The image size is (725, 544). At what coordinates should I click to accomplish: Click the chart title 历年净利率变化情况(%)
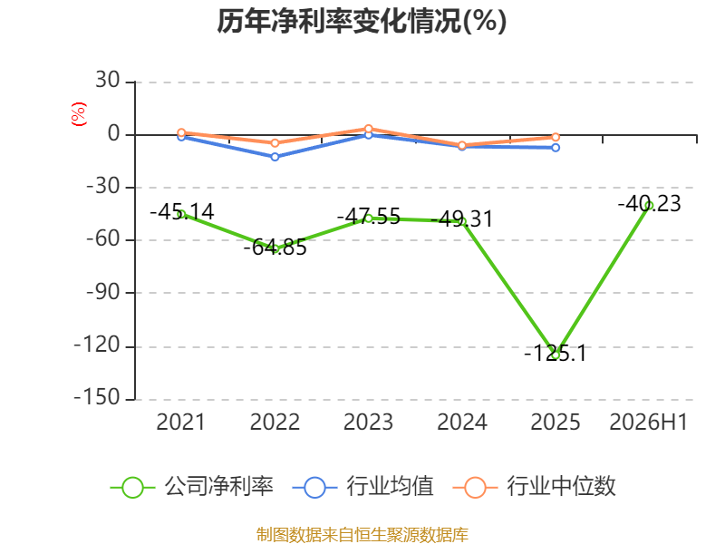pyautogui.click(x=362, y=21)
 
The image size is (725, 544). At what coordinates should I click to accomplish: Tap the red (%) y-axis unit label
pyautogui.click(x=79, y=114)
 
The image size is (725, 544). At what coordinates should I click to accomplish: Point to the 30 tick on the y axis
pyautogui.click(x=108, y=80)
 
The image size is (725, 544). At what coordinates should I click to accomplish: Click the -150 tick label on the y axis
pyautogui.click(x=97, y=397)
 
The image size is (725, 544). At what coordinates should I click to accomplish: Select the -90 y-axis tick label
pyautogui.click(x=103, y=292)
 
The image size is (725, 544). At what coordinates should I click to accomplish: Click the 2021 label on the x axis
pyautogui.click(x=180, y=422)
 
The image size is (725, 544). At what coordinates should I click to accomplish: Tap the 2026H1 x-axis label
pyautogui.click(x=649, y=422)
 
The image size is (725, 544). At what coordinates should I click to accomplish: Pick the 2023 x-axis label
pyautogui.click(x=368, y=422)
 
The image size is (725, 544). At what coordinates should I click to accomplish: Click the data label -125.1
pyautogui.click(x=556, y=354)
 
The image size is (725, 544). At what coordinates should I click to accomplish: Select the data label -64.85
pyautogui.click(x=275, y=248)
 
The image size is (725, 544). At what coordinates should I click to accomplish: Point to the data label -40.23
pyautogui.click(x=649, y=203)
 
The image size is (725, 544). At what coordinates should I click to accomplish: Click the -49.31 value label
pyautogui.click(x=462, y=219)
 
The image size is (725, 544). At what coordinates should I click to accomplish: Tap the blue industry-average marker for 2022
pyautogui.click(x=275, y=157)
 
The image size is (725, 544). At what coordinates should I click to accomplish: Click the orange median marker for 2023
pyautogui.click(x=369, y=129)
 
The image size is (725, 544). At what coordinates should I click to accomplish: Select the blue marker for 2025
pyautogui.click(x=556, y=148)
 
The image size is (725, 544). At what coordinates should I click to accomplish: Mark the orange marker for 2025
pyautogui.click(x=556, y=137)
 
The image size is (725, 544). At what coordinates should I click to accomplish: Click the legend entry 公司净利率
pyautogui.click(x=192, y=487)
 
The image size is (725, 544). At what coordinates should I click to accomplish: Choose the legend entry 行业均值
pyautogui.click(x=363, y=487)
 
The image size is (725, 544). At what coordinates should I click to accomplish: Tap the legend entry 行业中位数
pyautogui.click(x=535, y=487)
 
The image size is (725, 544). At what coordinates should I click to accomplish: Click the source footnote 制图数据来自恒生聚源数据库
pyautogui.click(x=362, y=535)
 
